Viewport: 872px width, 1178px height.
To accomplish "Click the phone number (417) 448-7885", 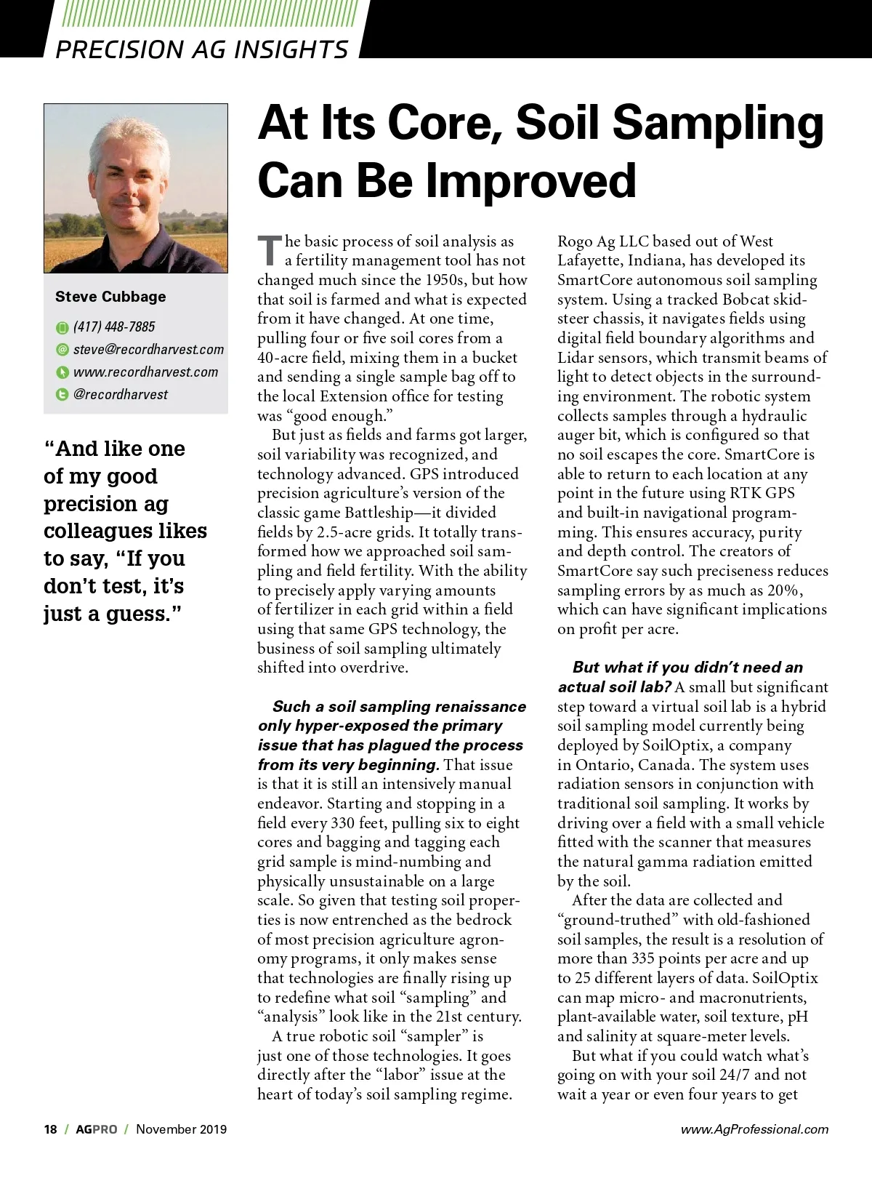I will pyautogui.click(x=114, y=327).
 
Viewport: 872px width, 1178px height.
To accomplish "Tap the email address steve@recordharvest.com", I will pyautogui.click(x=148, y=350).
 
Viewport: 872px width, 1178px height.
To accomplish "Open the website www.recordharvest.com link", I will pyautogui.click(x=145, y=372).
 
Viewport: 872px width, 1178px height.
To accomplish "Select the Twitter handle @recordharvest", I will pyautogui.click(x=121, y=395).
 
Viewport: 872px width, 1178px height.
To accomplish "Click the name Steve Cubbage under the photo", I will pyautogui.click(x=110, y=297).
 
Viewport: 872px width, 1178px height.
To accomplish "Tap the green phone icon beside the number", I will pyautogui.click(x=62, y=328).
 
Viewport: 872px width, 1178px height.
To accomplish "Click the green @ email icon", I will pyautogui.click(x=62, y=350).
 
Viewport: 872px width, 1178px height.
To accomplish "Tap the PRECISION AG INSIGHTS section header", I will pyautogui.click(x=202, y=49).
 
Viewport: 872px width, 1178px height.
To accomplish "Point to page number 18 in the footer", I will pyautogui.click(x=50, y=1129).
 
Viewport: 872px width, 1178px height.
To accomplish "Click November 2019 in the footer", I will pyautogui.click(x=181, y=1129).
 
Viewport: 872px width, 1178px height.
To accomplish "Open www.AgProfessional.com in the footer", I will pyautogui.click(x=754, y=1129).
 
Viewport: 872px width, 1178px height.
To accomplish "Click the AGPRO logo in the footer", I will pyautogui.click(x=96, y=1129).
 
